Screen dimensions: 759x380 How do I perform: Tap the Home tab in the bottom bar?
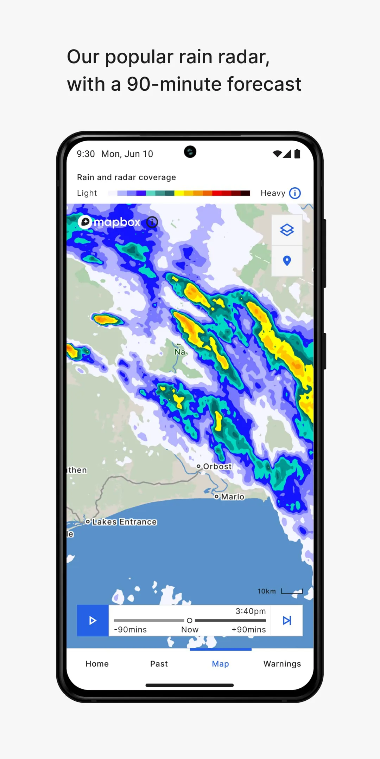[97, 664]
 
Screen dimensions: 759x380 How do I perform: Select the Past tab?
[159, 664]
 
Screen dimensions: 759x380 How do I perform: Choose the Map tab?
[220, 664]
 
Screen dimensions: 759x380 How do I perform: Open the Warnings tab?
[282, 664]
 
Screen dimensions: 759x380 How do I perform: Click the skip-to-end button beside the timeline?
[287, 621]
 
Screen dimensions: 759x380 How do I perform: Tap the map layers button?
[287, 230]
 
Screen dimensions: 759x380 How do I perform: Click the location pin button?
[287, 261]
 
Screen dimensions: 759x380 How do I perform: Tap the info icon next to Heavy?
[295, 193]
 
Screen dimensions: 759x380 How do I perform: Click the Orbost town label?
[217, 467]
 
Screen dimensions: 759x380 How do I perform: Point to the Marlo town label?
[232, 497]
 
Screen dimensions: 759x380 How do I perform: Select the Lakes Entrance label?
[124, 522]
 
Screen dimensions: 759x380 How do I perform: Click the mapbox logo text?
[117, 222]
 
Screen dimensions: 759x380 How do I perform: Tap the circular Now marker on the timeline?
[190, 621]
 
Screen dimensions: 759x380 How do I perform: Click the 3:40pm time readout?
[251, 611]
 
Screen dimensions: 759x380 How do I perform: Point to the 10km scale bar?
[292, 592]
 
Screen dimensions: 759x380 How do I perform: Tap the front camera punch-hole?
[190, 152]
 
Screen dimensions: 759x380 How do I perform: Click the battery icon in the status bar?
[297, 154]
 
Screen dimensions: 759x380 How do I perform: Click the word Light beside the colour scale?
[87, 193]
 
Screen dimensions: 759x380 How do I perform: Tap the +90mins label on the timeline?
[249, 630]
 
